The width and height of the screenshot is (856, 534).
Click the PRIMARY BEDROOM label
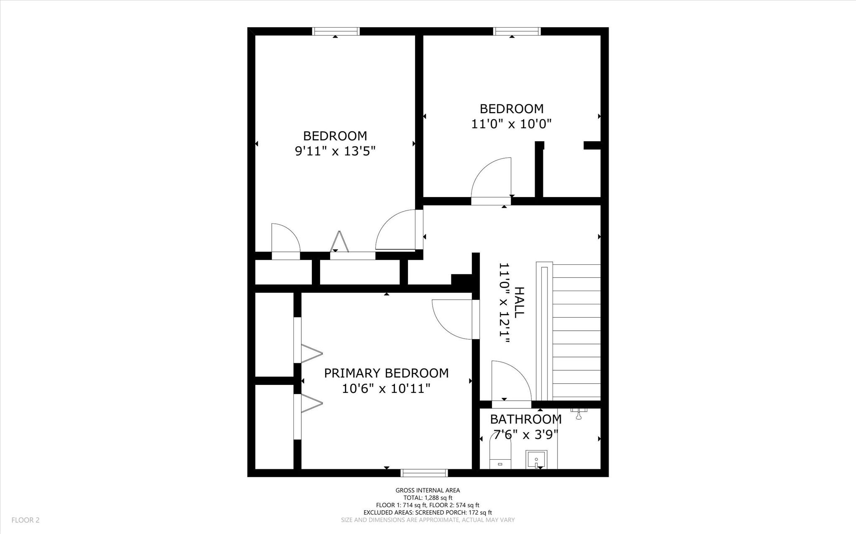tap(386, 373)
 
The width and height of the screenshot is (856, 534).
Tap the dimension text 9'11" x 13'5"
tap(335, 151)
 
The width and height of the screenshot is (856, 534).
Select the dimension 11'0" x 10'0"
tap(511, 124)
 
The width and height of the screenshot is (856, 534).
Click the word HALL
tap(519, 302)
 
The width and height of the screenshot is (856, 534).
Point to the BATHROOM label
tap(525, 419)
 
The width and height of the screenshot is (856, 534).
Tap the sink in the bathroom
tap(536, 459)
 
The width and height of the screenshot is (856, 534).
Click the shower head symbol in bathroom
tap(579, 415)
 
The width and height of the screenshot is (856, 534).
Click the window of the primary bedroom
tap(424, 473)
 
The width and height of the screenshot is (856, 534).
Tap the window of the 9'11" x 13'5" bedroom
tap(336, 31)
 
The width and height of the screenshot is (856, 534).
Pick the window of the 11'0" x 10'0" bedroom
tap(517, 31)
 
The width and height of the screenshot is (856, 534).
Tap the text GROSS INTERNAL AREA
tap(428, 490)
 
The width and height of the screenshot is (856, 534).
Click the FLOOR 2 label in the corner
tap(25, 520)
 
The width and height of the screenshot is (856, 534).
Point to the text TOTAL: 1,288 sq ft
tap(428, 498)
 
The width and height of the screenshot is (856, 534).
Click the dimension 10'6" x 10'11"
tap(386, 389)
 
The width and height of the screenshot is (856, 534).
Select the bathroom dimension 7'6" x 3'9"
tap(525, 435)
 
